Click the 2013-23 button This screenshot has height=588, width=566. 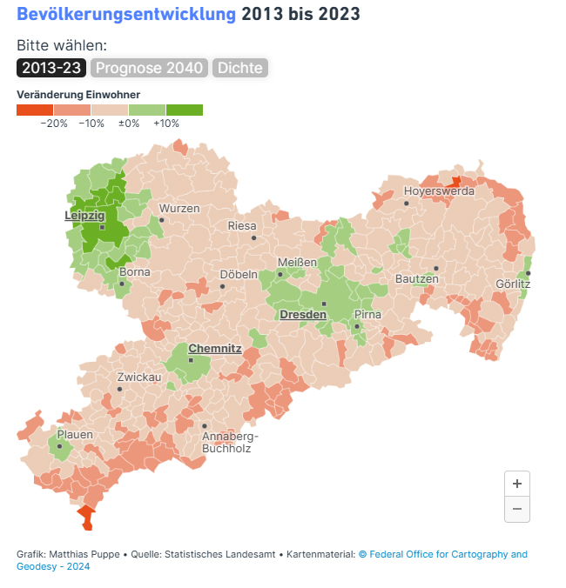coord(51,68)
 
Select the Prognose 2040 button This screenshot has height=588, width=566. coord(149,68)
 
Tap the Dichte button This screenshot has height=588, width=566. coord(239,68)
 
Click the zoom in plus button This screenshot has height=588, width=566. coord(517,484)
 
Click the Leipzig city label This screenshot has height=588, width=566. coord(84,215)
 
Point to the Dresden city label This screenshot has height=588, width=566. coord(302,314)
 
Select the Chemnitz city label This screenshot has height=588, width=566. coord(215,348)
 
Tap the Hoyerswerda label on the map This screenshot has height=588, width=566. coord(439,191)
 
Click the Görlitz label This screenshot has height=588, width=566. coord(512,284)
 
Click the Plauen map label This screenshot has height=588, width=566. coord(75,434)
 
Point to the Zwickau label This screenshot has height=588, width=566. coord(139,378)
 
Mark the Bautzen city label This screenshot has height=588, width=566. coord(416,279)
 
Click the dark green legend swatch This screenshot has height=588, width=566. coord(184,110)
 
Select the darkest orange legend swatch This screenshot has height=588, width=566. coord(35,110)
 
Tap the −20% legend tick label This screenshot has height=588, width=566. coord(54,124)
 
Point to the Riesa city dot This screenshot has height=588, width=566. coord(253,237)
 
